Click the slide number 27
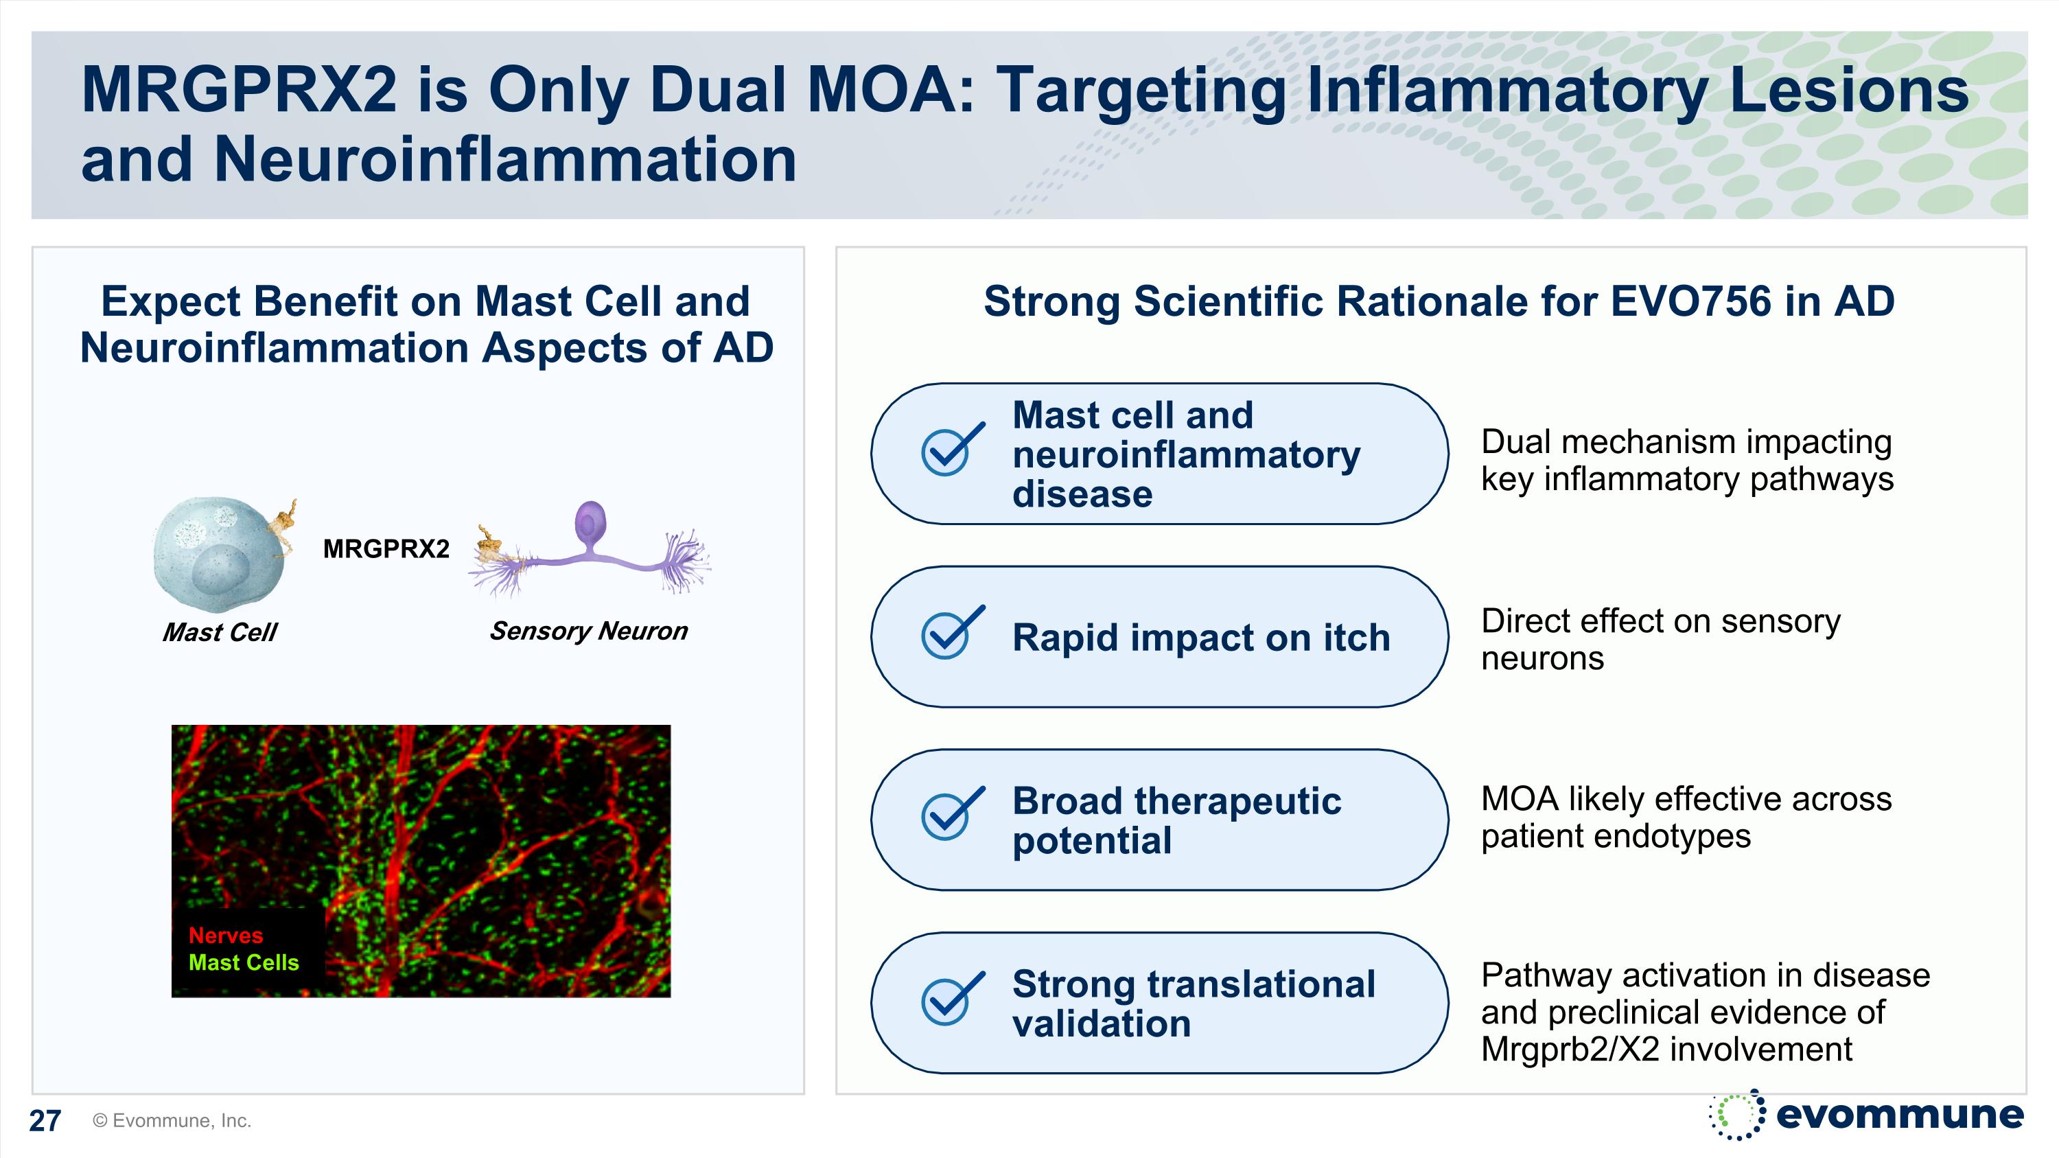click(45, 1120)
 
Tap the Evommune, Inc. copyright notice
click(172, 1120)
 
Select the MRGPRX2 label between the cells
click(386, 549)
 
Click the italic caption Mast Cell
click(219, 632)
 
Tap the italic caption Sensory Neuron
click(588, 631)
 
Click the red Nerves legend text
click(225, 935)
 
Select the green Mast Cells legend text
click(243, 962)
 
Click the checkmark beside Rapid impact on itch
click(950, 634)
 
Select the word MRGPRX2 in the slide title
click(238, 89)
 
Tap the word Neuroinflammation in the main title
click(504, 159)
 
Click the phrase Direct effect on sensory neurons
click(1660, 639)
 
